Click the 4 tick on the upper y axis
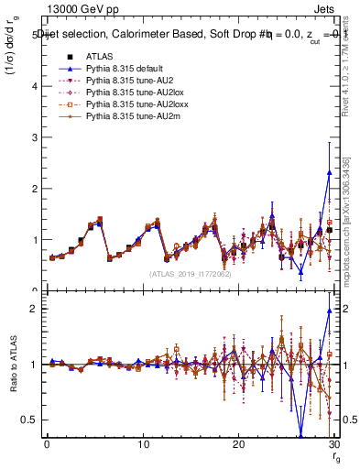37,86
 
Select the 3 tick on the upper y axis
37,137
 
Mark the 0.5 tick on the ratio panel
33,420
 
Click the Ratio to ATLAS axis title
12,365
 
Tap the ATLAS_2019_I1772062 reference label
190,273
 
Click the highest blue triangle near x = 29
329,172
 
